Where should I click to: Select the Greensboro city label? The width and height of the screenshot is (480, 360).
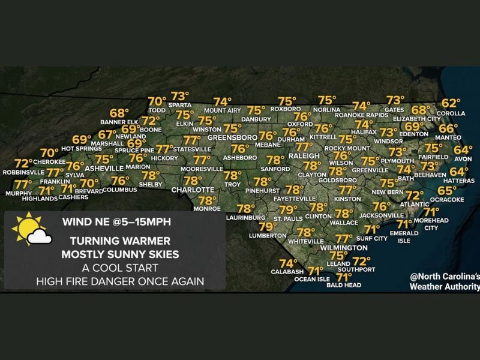[228, 137]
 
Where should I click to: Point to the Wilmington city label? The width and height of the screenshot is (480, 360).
[344, 247]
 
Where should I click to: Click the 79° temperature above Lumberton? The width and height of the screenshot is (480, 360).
[268, 227]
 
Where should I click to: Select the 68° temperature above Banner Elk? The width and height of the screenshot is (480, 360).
[119, 113]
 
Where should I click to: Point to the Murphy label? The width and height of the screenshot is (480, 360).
[19, 193]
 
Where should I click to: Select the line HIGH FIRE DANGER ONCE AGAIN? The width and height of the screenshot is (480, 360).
[120, 280]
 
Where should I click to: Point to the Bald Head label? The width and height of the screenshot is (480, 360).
[343, 286]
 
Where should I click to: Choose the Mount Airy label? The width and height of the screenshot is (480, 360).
[221, 110]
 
